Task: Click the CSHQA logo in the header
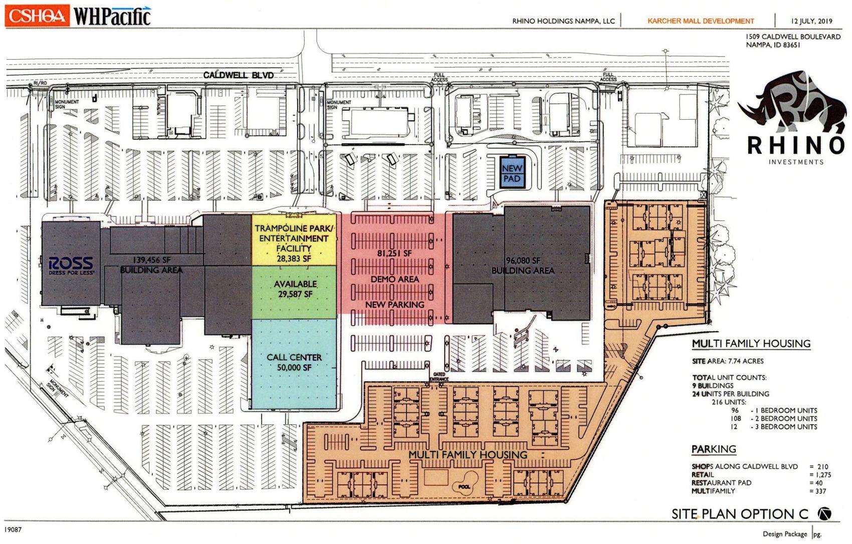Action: click(36, 16)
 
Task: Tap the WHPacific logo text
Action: click(112, 16)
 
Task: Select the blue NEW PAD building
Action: click(512, 173)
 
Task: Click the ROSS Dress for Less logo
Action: click(71, 266)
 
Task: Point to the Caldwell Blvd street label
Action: click(239, 75)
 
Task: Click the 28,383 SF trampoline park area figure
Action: click(294, 258)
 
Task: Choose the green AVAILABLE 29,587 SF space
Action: click(295, 290)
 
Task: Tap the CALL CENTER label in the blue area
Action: click(294, 357)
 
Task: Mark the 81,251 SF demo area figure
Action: click(394, 253)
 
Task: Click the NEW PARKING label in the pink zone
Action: click(394, 305)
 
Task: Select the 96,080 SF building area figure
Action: click(523, 261)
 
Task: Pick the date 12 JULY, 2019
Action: click(811, 21)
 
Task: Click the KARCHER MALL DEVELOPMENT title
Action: click(700, 21)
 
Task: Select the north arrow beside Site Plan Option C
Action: click(824, 513)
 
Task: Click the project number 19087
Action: click(14, 529)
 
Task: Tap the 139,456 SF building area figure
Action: click(151, 260)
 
